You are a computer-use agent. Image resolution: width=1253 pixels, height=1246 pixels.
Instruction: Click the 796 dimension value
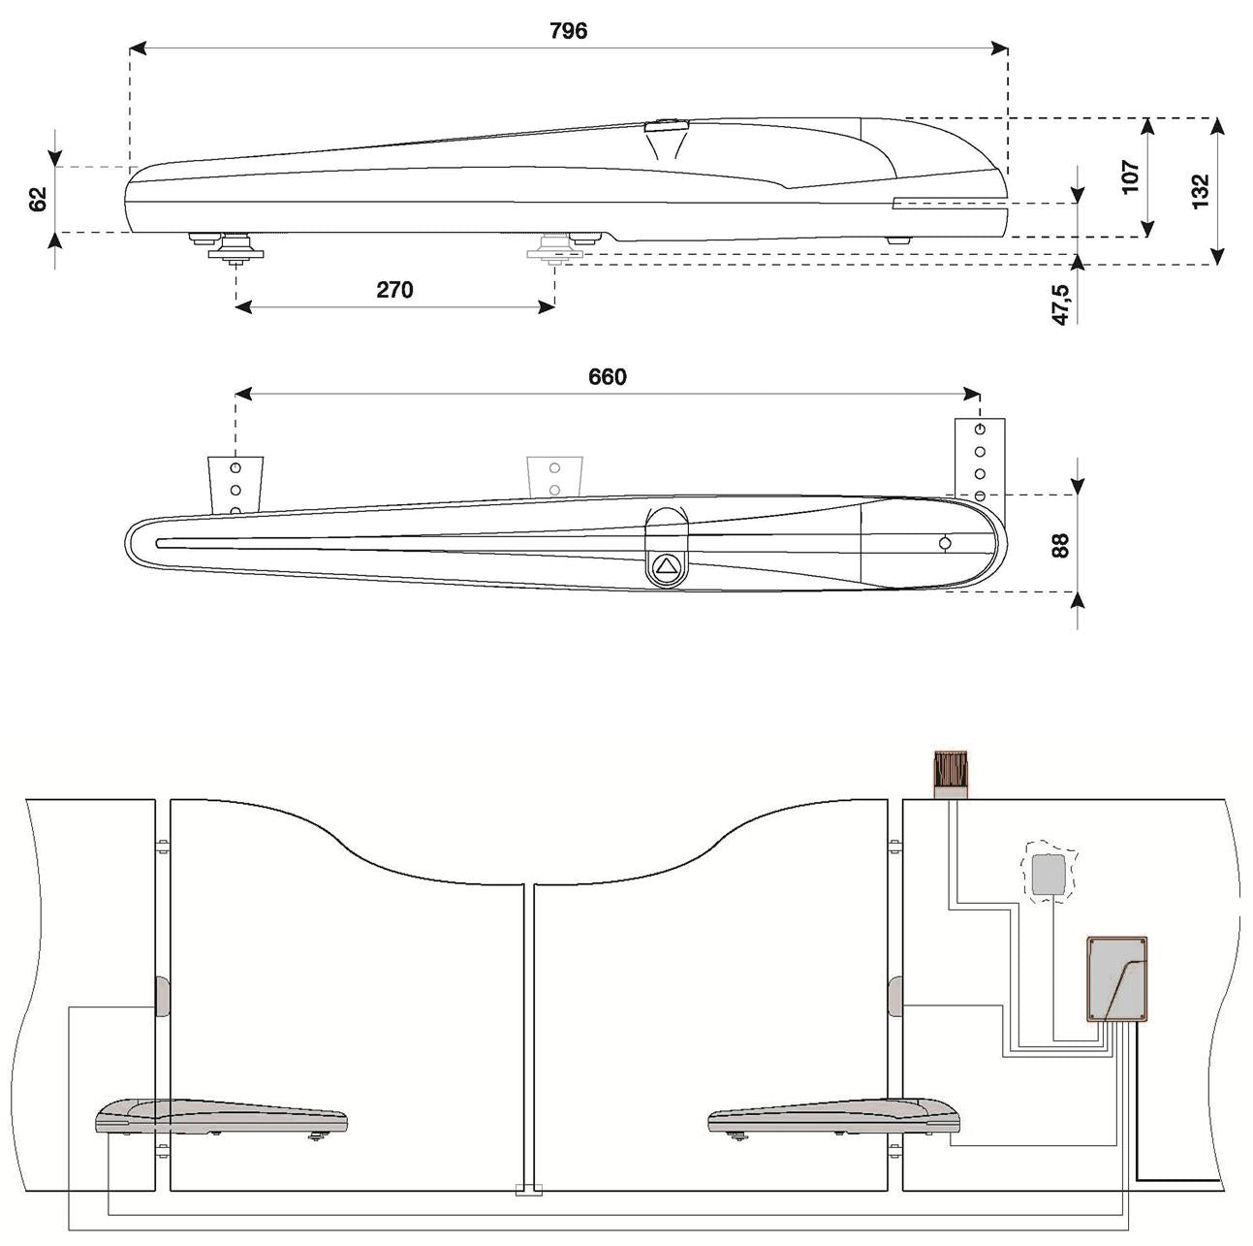[568, 31]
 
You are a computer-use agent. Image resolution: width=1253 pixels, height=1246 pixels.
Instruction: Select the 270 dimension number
[394, 290]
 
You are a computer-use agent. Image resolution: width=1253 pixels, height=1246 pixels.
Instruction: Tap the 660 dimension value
[608, 377]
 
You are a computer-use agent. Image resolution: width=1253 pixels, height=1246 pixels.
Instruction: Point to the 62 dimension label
[38, 200]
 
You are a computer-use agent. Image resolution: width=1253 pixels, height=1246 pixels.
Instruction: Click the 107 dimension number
[1131, 176]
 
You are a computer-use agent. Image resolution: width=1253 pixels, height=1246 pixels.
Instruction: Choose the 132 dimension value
[1200, 191]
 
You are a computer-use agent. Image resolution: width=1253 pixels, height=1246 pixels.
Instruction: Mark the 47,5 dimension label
[1061, 304]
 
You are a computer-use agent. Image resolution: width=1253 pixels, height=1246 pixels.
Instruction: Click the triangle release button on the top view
[666, 566]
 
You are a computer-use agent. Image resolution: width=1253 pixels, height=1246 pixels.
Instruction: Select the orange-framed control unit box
[1118, 978]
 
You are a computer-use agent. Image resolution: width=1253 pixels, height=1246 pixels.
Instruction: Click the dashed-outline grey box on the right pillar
[1048, 874]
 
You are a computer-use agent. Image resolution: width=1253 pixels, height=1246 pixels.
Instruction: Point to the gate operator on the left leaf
[221, 1117]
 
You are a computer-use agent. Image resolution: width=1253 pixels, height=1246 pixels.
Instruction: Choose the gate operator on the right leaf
[834, 1117]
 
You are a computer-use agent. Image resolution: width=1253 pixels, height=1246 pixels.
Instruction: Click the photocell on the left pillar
[161, 996]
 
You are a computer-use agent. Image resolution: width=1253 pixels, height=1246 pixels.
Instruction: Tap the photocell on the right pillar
[894, 996]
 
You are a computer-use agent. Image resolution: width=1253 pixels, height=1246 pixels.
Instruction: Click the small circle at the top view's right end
[945, 544]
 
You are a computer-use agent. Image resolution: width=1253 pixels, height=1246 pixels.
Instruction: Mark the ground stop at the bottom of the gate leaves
[528, 1189]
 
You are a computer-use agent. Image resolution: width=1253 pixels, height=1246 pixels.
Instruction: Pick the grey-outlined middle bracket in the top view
[555, 475]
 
